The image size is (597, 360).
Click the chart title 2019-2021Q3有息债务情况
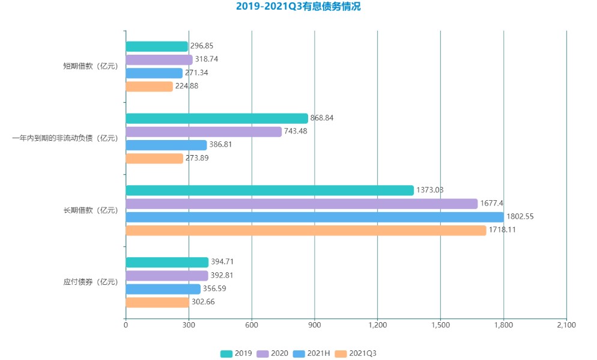click(298, 7)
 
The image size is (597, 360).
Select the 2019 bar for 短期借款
click(157, 46)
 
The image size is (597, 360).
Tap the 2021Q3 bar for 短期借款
click(149, 86)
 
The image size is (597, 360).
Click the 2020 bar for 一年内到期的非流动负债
click(204, 132)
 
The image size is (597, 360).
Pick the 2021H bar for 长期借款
click(315, 217)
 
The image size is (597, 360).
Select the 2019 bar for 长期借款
click(270, 191)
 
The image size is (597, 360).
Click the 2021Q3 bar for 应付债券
click(157, 302)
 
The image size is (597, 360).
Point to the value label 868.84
click(322, 118)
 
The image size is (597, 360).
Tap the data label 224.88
click(187, 86)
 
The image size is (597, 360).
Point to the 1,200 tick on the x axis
click(377, 325)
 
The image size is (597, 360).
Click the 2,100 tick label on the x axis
click(566, 325)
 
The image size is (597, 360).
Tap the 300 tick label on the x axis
click(189, 325)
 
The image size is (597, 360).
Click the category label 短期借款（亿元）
click(91, 66)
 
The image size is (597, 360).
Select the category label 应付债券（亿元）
click(91, 282)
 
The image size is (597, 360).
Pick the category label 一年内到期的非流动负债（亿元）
click(65, 138)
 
